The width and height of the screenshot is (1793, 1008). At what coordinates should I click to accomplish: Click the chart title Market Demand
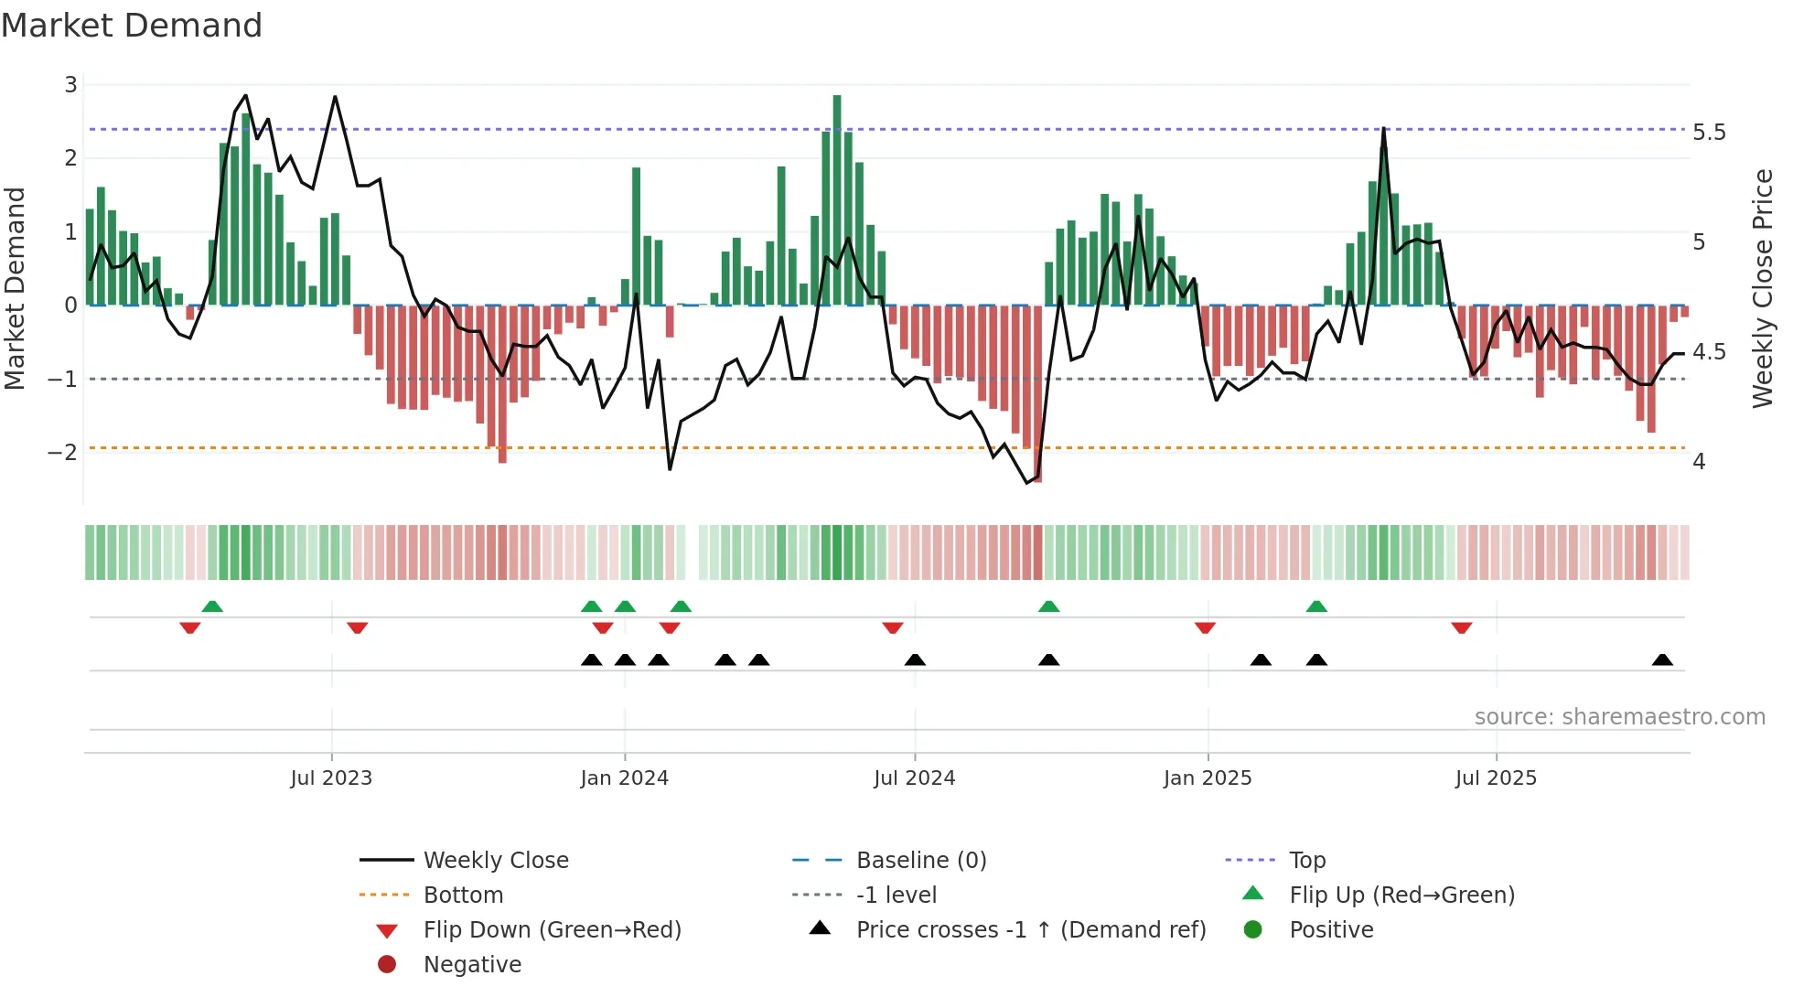coord(132,26)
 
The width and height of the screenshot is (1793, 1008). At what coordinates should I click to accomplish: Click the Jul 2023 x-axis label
coord(331,778)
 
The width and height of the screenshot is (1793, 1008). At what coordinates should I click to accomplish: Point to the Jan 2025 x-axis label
coord(1208,778)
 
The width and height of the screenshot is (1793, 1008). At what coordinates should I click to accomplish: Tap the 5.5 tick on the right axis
coord(1709,133)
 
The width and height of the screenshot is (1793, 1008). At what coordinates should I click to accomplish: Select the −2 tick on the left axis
coord(62,452)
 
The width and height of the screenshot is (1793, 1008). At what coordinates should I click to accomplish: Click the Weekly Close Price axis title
coord(1762,288)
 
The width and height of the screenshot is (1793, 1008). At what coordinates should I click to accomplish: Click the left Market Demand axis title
coord(15,288)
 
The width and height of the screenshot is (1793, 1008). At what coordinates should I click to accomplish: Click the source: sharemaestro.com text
coord(1619,717)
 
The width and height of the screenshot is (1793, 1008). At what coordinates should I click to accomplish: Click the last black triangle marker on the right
coord(1662,660)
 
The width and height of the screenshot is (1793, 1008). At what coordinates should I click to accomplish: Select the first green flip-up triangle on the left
coord(212,606)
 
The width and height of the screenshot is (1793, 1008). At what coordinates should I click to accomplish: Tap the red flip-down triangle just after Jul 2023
coord(358,627)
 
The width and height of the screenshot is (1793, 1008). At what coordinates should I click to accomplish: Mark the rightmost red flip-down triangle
coord(1461,627)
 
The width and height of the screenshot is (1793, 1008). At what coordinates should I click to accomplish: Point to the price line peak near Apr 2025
coord(1383,130)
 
